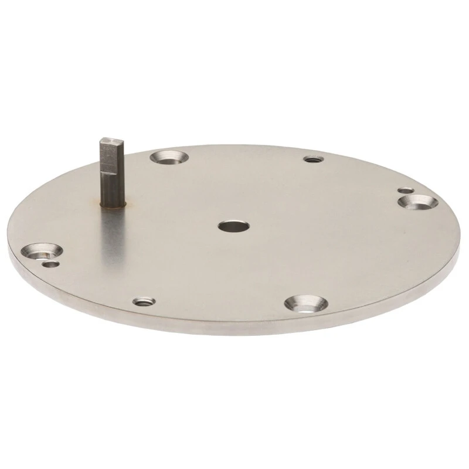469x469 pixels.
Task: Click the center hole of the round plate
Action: click(x=233, y=226)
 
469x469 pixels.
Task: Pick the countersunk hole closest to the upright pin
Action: click(x=168, y=157)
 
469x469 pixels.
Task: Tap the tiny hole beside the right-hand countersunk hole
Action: click(x=405, y=191)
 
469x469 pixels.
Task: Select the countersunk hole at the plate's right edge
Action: click(x=418, y=202)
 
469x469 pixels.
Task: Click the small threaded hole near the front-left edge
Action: click(x=143, y=302)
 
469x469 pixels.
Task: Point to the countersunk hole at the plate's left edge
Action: click(x=43, y=252)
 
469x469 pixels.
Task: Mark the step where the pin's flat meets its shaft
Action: click(x=112, y=174)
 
